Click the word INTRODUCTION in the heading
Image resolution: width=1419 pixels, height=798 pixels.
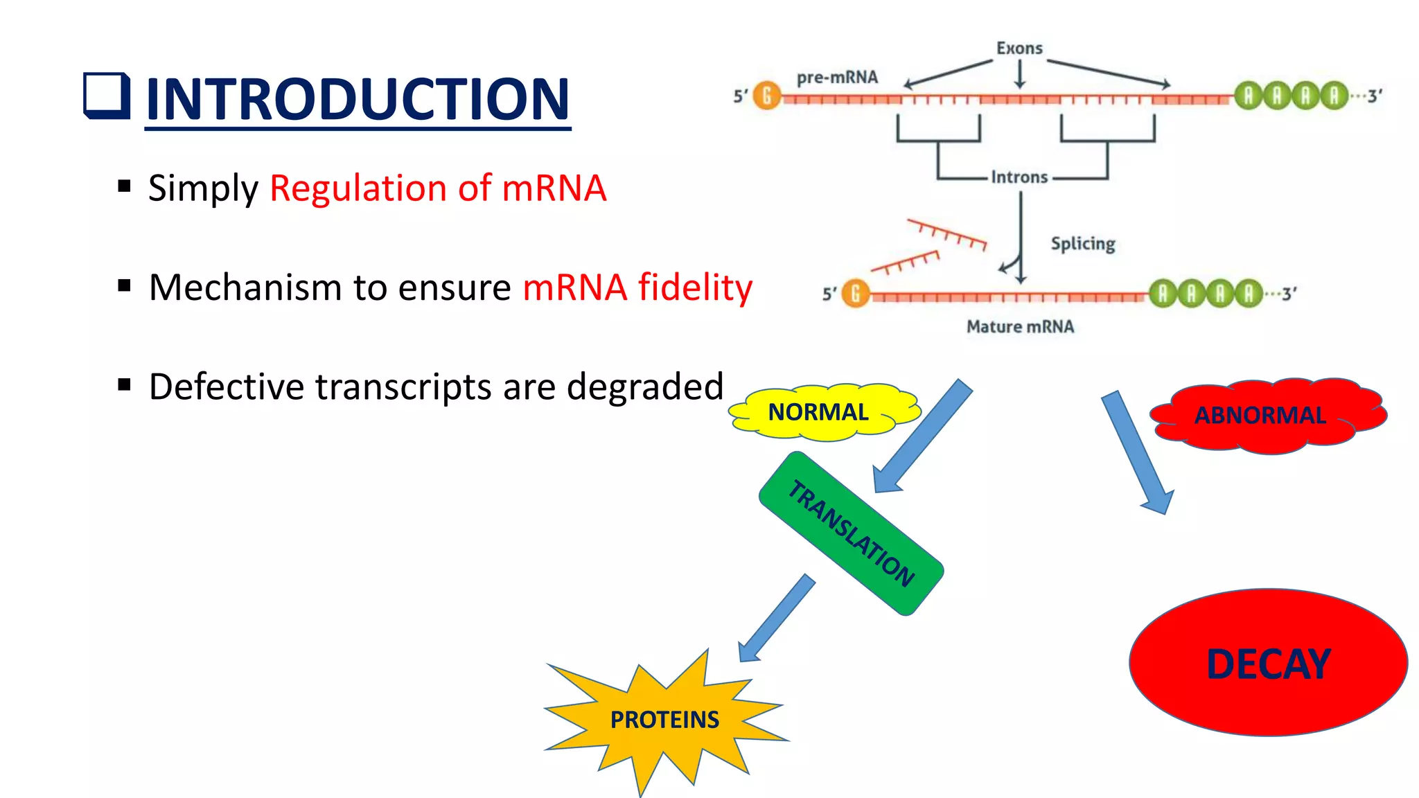(x=358, y=99)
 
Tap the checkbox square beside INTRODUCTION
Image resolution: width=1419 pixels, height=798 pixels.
(x=107, y=96)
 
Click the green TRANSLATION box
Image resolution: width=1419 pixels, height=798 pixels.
(x=852, y=533)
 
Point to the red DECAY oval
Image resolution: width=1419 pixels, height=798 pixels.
(x=1268, y=663)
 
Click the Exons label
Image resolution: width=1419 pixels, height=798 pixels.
(x=1019, y=48)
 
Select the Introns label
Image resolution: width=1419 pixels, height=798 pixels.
(x=1019, y=177)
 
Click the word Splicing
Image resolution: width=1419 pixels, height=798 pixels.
(x=1083, y=243)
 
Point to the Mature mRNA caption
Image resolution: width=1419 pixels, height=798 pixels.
(x=1020, y=326)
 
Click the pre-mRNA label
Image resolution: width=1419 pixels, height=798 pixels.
(x=837, y=78)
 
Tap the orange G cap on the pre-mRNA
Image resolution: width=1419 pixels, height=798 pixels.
(x=766, y=96)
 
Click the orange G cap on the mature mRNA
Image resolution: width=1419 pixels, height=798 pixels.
(x=856, y=294)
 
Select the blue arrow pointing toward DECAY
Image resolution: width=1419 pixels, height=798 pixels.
(x=1137, y=453)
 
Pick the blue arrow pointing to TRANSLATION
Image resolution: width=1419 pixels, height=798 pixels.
(x=922, y=437)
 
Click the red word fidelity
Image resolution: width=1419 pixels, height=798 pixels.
(x=695, y=287)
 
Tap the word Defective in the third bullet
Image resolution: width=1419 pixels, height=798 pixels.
(x=226, y=387)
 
